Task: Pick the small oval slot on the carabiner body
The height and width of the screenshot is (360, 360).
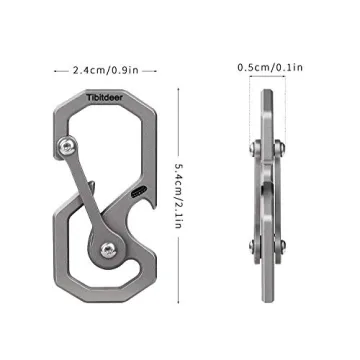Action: [138, 188]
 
